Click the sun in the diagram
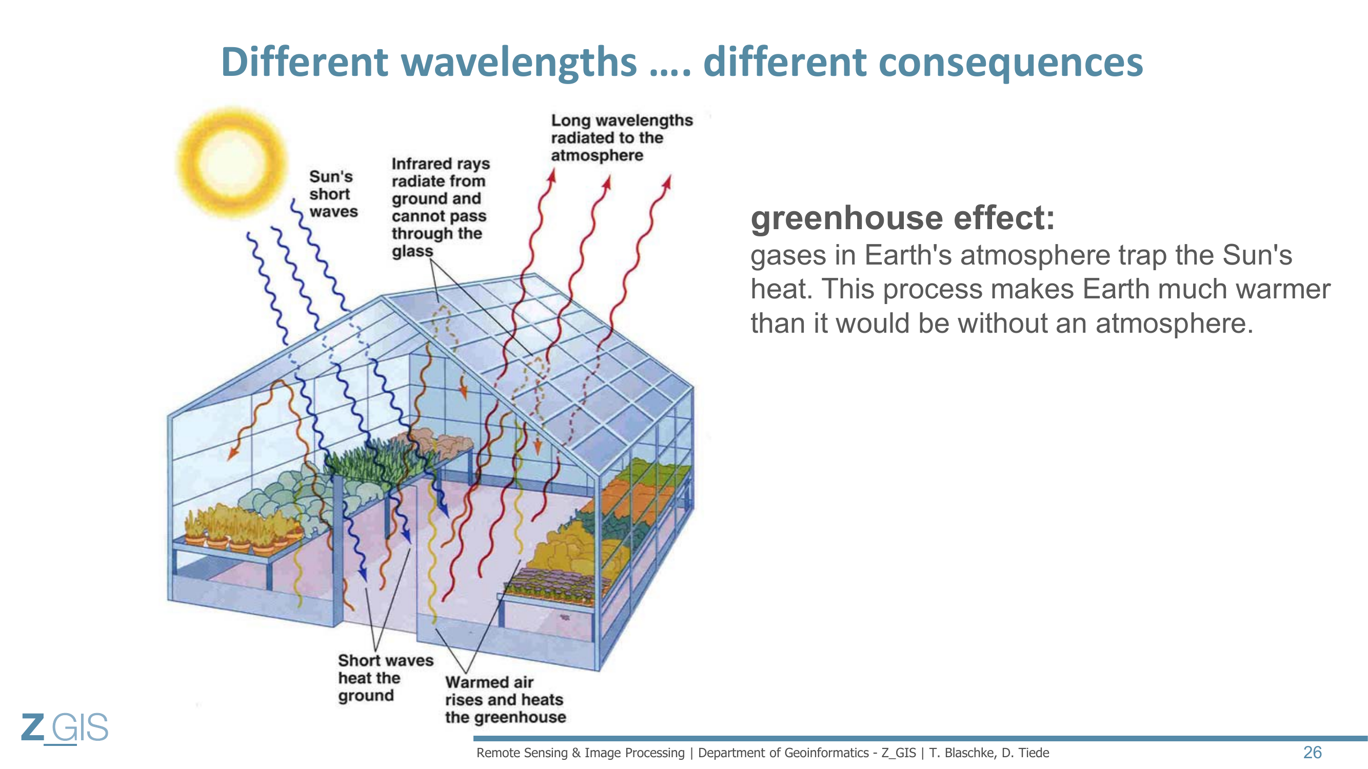[231, 163]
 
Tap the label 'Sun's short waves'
[333, 194]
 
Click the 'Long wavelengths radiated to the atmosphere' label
[622, 137]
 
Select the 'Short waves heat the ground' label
[386, 678]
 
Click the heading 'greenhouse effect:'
[902, 217]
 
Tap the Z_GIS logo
[65, 727]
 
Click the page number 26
[1312, 752]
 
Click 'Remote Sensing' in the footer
[522, 753]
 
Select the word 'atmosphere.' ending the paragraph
[1174, 323]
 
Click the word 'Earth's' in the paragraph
[908, 255]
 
